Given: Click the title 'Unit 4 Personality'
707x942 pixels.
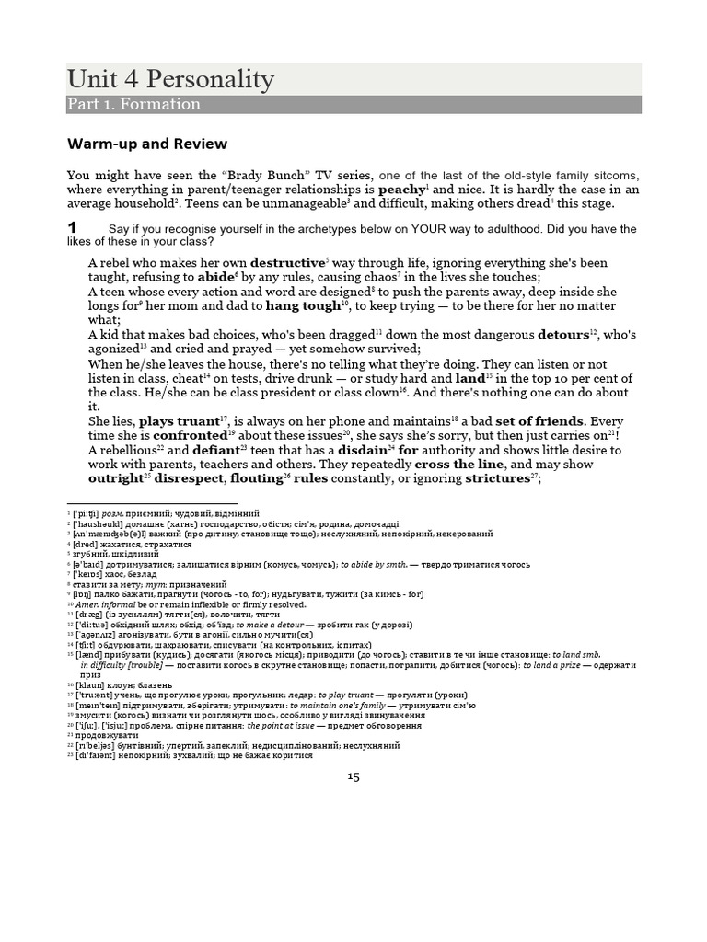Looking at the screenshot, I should click(x=170, y=79).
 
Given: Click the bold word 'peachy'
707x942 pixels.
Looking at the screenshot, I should click(x=401, y=190).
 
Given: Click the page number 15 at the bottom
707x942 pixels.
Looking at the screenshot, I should click(x=353, y=777).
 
